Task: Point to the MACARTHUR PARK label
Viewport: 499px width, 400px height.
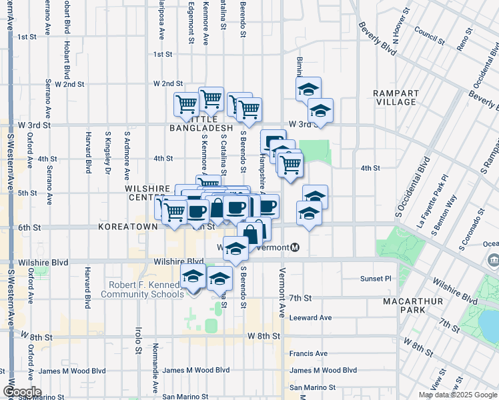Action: [x=410, y=306]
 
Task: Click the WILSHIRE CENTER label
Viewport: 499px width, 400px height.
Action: [x=141, y=193]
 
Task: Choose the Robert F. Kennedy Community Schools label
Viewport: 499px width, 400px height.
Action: [x=142, y=289]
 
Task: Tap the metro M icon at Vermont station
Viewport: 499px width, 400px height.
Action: [x=295, y=247]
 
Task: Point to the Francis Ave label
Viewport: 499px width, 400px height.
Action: [x=308, y=353]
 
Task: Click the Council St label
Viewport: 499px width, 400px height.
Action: [x=424, y=30]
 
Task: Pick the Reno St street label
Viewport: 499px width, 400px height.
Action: [x=462, y=41]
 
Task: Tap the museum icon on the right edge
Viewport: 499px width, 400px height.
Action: [x=493, y=259]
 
